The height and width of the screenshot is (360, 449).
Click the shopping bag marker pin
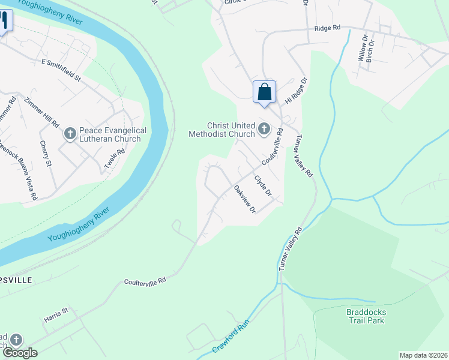(x=264, y=93)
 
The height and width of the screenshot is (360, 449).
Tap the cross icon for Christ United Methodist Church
(x=264, y=129)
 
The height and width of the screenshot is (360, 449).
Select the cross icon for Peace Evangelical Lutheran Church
(x=70, y=134)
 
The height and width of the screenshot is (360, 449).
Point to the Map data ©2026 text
(x=423, y=355)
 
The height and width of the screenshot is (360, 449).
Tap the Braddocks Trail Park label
(x=366, y=316)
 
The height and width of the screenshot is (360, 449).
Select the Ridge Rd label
(x=327, y=28)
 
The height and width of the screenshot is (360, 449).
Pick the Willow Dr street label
(x=363, y=48)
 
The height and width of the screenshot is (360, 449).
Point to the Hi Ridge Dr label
(x=295, y=91)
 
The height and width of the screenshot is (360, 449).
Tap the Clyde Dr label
(x=263, y=185)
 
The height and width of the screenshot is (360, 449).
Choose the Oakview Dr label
(x=245, y=200)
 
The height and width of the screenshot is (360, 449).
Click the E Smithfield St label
(x=61, y=70)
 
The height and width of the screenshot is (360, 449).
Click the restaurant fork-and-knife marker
(x=4, y=22)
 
